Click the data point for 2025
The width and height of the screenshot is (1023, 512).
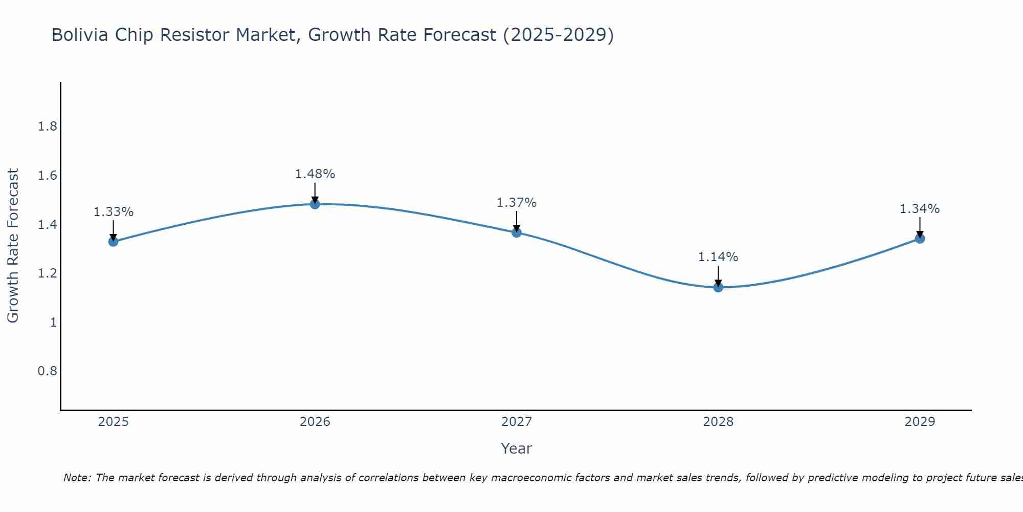[113, 241]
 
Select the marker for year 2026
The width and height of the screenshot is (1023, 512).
[315, 204]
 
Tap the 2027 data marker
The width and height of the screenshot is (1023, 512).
[516, 232]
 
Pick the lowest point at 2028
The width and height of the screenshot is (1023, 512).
[718, 287]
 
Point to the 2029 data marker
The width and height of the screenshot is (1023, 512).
[919, 239]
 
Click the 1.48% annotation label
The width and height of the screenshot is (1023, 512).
[315, 174]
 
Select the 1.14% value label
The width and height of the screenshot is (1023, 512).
[718, 257]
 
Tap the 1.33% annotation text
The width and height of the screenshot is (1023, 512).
[113, 212]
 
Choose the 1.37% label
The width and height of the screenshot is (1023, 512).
[516, 203]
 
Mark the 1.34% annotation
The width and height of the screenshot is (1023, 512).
[919, 209]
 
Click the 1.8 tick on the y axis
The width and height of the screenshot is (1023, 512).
[47, 127]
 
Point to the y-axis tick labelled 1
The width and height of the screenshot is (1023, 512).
[53, 323]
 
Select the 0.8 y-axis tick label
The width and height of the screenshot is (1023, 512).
[47, 371]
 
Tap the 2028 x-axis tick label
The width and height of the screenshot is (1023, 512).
[718, 422]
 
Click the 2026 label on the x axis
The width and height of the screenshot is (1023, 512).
[315, 422]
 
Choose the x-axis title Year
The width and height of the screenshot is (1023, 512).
[516, 449]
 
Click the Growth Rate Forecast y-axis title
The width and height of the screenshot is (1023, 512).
[13, 246]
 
